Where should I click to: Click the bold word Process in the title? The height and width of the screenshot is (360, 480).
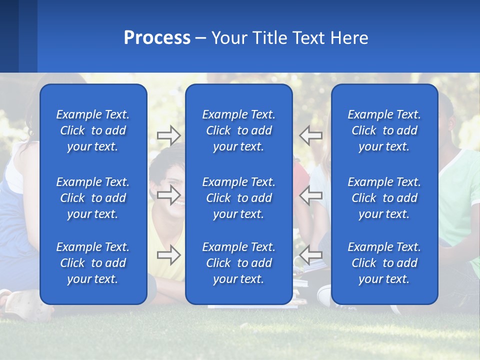[x=157, y=38]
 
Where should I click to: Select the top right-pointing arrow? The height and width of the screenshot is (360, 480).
[x=169, y=135]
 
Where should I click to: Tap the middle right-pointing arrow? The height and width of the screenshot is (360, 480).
[x=169, y=195]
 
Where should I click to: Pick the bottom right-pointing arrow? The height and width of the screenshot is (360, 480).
[x=169, y=255]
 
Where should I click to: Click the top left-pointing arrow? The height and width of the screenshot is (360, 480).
[x=311, y=135]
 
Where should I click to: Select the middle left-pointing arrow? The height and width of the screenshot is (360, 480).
[x=311, y=195]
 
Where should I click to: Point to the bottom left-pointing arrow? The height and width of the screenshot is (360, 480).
[x=311, y=255]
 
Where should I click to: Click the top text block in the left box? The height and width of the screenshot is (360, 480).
[x=93, y=130]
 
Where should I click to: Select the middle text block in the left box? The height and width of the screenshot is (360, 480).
[x=93, y=198]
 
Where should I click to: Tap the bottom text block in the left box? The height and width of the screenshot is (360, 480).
[x=93, y=263]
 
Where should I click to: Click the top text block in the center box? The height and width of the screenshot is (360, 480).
[x=239, y=130]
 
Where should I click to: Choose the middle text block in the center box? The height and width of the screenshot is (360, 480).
[x=239, y=198]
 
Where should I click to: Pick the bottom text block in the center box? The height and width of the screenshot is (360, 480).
[x=239, y=263]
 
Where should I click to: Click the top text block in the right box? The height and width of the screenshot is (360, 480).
[x=384, y=130]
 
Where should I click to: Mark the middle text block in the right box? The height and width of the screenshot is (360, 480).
[x=384, y=198]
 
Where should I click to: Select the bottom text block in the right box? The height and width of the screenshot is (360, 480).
[x=384, y=263]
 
